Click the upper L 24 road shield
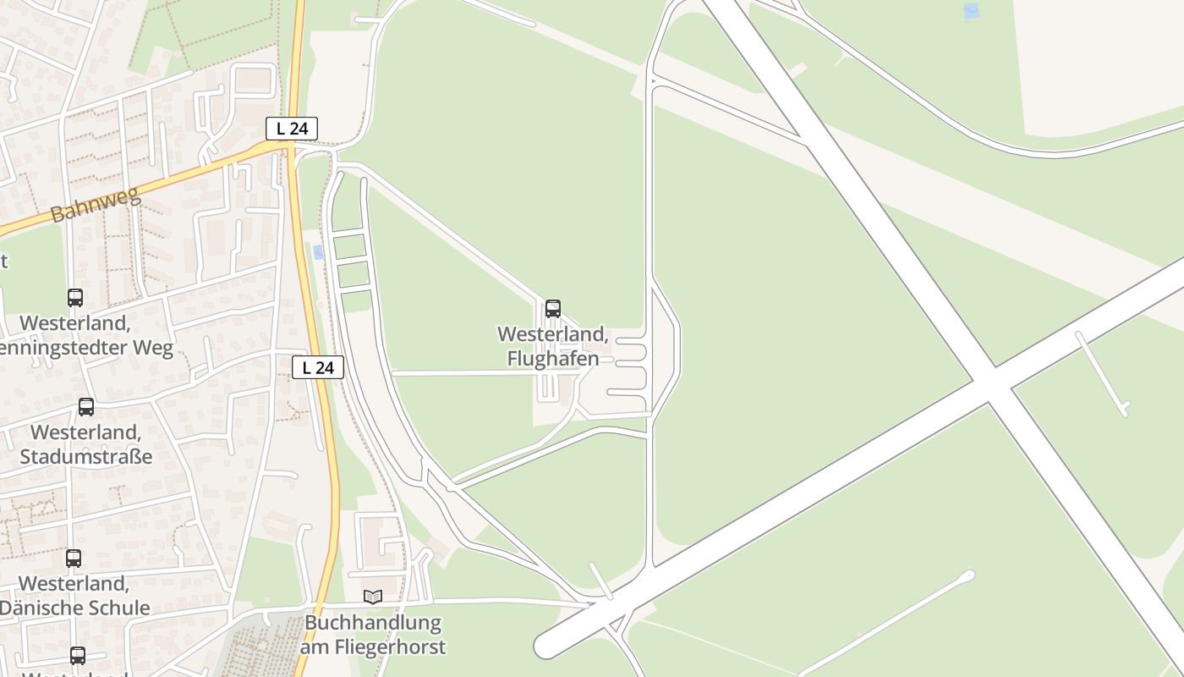pyautogui.click(x=292, y=129)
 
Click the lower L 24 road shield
pyautogui.click(x=318, y=367)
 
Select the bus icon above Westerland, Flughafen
pyautogui.click(x=553, y=309)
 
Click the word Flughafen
pyautogui.click(x=553, y=359)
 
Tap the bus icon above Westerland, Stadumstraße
pyautogui.click(x=86, y=407)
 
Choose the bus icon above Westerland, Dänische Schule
pyautogui.click(x=74, y=559)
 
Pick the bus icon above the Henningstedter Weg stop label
pyautogui.click(x=75, y=298)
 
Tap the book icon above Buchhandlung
pyautogui.click(x=373, y=597)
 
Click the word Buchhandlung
pyautogui.click(x=373, y=624)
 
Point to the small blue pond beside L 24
pyautogui.click(x=318, y=252)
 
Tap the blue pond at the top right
pyautogui.click(x=971, y=12)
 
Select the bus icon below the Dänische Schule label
pyautogui.click(x=78, y=656)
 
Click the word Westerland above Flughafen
pyautogui.click(x=553, y=334)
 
